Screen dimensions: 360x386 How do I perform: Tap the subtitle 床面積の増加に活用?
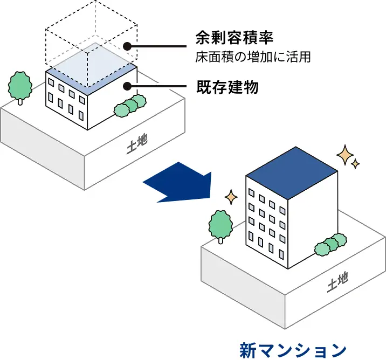(253, 57)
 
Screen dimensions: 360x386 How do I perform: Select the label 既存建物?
(227, 87)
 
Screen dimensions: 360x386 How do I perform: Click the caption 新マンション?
(293, 349)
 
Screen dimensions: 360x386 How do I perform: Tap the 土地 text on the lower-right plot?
(337, 282)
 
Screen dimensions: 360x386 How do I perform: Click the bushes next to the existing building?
(130, 105)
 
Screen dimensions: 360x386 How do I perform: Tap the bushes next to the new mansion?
(330, 244)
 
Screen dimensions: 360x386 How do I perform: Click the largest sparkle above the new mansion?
(343, 155)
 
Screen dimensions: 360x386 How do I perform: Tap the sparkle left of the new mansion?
(231, 197)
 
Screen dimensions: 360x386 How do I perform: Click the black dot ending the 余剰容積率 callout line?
(127, 46)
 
